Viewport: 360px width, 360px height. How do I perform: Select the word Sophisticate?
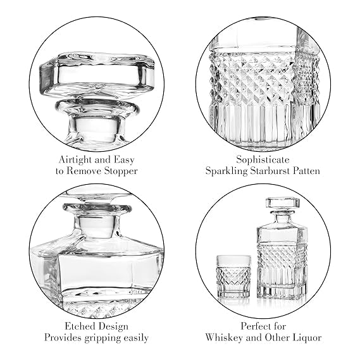[x=263, y=160]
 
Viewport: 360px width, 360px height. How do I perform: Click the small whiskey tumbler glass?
[x=234, y=276]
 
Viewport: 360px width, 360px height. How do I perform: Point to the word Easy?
[x=124, y=160]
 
